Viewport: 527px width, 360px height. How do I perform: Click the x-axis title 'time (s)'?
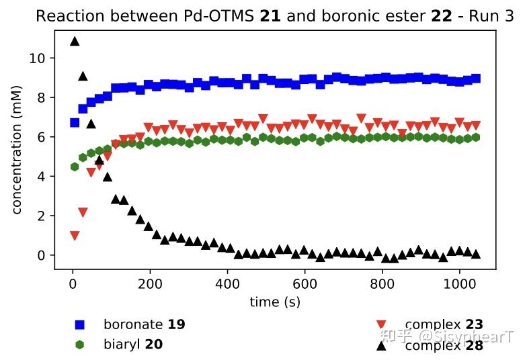275,302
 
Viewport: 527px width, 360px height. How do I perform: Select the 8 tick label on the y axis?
41,98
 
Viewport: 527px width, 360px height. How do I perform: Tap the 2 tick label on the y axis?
41,216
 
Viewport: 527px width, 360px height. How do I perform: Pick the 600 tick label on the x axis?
305,284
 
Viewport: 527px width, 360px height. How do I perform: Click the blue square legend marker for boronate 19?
80,325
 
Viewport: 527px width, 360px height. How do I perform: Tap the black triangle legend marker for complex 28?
381,345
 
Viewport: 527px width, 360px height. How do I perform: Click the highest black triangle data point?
75,42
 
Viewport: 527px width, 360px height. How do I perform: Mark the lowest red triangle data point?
75,236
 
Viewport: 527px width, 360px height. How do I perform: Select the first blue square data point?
75,123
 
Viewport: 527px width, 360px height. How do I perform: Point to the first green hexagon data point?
75,167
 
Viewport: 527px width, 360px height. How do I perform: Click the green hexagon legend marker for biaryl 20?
80,345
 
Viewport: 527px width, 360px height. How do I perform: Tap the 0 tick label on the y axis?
41,255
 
